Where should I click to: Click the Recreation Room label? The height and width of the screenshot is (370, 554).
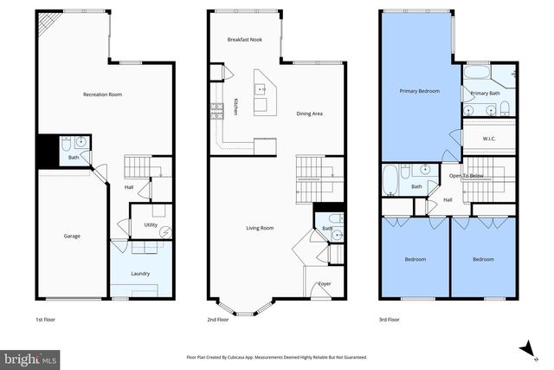pos(102,94)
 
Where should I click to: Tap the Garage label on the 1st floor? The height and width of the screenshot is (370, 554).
pos(71,236)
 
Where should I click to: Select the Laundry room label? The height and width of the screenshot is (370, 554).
pos(140,273)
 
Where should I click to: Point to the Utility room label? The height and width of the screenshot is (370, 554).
pos(151,225)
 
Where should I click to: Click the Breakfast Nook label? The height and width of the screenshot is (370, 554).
pos(244,40)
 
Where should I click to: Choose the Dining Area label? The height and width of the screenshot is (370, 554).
pos(310,113)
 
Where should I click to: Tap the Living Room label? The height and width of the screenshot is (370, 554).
pos(260,228)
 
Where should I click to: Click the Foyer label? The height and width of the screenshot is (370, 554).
pos(325,283)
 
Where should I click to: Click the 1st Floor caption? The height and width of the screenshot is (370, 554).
pos(46,319)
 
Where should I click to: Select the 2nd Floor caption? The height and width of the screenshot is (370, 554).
pos(218,319)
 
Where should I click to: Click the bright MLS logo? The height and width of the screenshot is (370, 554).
pos(30,357)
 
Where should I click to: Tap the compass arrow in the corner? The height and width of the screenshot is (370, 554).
pos(525,347)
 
